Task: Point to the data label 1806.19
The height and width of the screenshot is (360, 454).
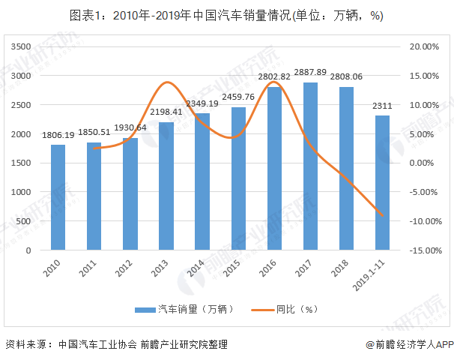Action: pyautogui.click(x=58, y=135)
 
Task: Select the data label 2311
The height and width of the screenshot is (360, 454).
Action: pyautogui.click(x=382, y=106)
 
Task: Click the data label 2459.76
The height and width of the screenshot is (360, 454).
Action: pyautogui.click(x=238, y=97)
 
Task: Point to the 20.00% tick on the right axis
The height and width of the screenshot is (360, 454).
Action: pyautogui.click(x=424, y=46)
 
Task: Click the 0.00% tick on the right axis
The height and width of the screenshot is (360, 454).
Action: pyautogui.click(x=424, y=163)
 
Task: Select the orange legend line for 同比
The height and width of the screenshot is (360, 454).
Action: pyautogui.click(x=260, y=309)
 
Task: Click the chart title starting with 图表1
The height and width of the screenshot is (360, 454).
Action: pyautogui.click(x=226, y=16)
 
